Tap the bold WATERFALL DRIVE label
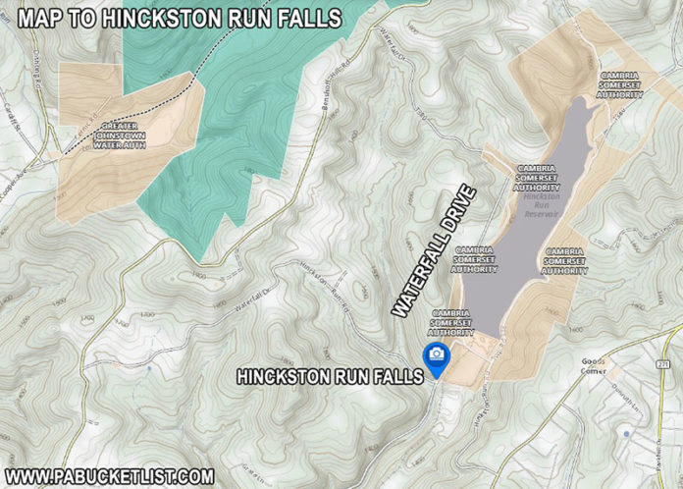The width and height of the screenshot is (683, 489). coord(433,250)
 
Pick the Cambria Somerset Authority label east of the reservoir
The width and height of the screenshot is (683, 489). coord(565,262)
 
